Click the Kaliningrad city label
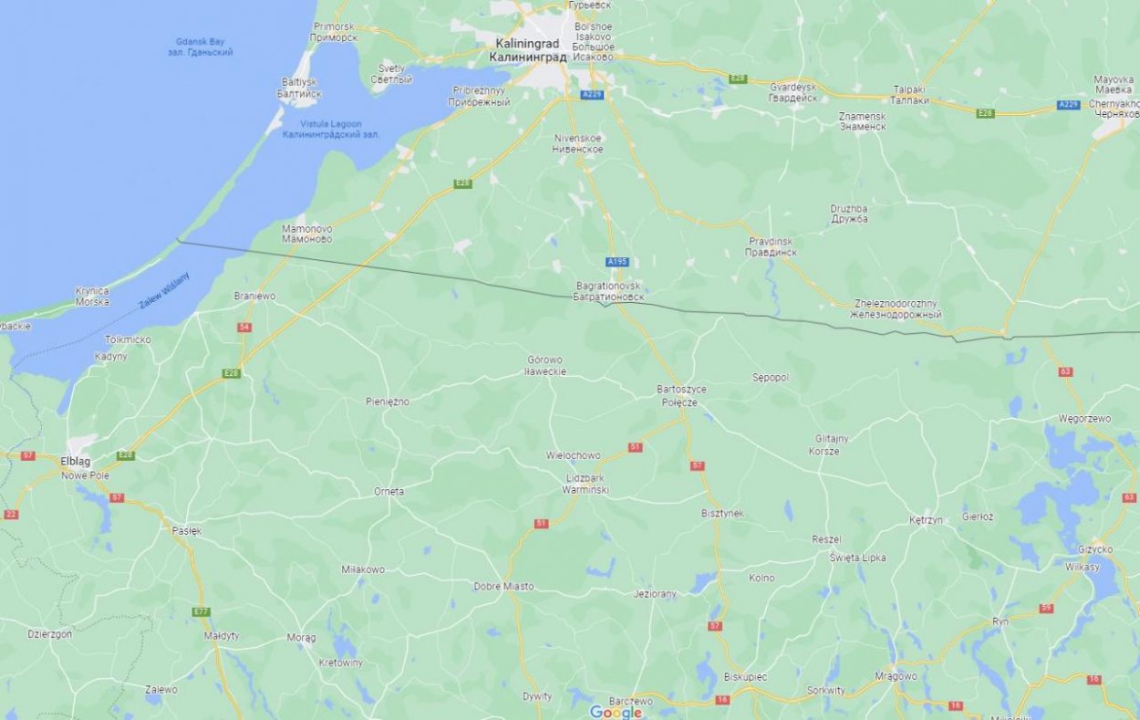[527, 50]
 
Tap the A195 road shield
[617, 262]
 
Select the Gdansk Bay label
[201, 47]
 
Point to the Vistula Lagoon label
[331, 130]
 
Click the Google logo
[616, 712]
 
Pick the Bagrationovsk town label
[610, 291]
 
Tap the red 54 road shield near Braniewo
[244, 327]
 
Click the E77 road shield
[202, 611]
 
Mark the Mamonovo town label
[307, 234]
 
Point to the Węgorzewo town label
[1084, 419]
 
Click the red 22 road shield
[11, 515]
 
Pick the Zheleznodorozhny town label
[895, 309]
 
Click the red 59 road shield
[1046, 609]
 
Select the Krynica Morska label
[92, 297]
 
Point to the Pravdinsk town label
[772, 246]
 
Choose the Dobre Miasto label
[503, 586]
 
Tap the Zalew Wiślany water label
[164, 290]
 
